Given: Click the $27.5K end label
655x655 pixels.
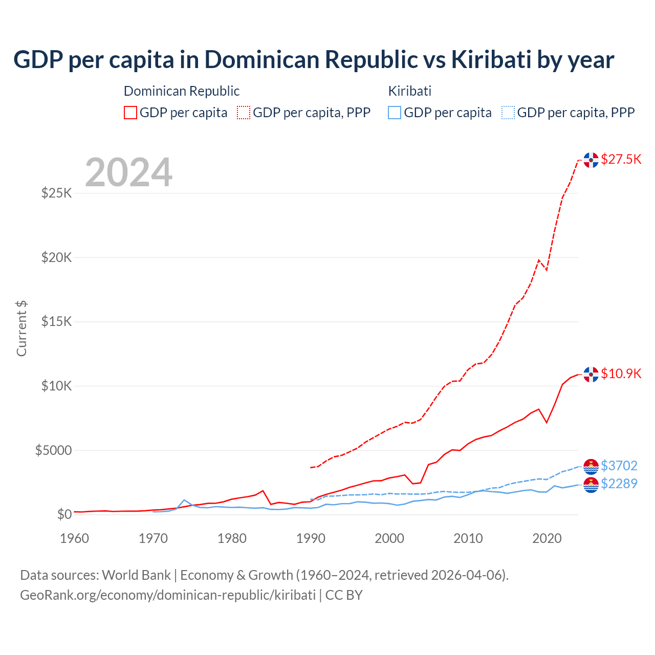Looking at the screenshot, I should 621,159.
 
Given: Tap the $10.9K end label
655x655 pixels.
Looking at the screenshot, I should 621,374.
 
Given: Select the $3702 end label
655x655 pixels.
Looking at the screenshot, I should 619,466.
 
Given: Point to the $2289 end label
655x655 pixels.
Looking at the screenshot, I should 619,484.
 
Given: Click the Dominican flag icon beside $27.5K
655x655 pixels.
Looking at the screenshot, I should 591,160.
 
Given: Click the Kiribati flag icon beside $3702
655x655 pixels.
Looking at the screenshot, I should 591,467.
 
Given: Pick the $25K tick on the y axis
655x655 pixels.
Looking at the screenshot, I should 57,193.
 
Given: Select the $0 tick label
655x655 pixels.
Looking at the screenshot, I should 64,514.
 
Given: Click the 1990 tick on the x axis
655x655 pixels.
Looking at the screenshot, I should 311,538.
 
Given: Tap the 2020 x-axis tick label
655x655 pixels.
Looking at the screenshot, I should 547,538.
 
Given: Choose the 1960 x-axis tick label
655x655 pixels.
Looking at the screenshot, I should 74,538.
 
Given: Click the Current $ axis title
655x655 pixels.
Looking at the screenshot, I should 21,329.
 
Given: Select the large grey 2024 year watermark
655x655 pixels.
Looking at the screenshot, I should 128,172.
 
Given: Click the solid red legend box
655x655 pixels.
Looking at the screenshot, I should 130,113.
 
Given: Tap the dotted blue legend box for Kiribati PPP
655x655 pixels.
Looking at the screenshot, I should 508,113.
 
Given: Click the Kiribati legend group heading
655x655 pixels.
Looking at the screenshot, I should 409,91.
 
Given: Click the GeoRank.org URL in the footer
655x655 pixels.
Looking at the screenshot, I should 168,595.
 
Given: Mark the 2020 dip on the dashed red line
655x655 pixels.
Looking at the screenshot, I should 547,270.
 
